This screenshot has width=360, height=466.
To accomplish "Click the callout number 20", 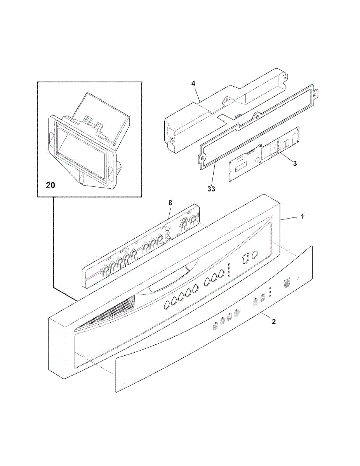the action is click(50, 185).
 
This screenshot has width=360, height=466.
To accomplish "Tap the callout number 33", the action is click(211, 189).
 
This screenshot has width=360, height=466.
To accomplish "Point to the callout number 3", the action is click(295, 163).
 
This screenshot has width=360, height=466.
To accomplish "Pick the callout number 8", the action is click(170, 202).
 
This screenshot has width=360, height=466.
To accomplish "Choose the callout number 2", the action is click(273, 322).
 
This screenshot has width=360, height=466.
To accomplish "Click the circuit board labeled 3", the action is click(264, 155).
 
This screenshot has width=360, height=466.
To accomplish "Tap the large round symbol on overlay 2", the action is click(288, 284).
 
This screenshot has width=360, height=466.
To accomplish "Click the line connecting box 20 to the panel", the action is click(53, 249).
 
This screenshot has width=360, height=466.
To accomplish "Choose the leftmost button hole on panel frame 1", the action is click(166, 306).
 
